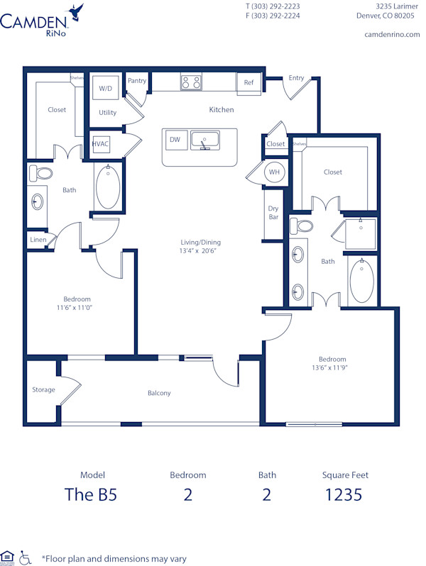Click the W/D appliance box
[x=106, y=89]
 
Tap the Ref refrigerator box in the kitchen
[x=248, y=83]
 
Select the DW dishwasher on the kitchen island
[x=175, y=140]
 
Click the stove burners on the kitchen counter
[x=190, y=82]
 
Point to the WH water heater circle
[x=274, y=172]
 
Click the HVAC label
[x=100, y=143]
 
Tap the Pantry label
[x=137, y=81]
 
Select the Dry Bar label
[x=273, y=213]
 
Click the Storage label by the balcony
[x=43, y=389]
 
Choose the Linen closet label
[x=38, y=240]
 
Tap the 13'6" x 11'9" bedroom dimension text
[x=332, y=367]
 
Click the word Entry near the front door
[x=296, y=78]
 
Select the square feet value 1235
[x=344, y=495]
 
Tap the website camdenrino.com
[x=391, y=34]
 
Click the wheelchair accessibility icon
[x=26, y=557]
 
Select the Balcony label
[x=159, y=393]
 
